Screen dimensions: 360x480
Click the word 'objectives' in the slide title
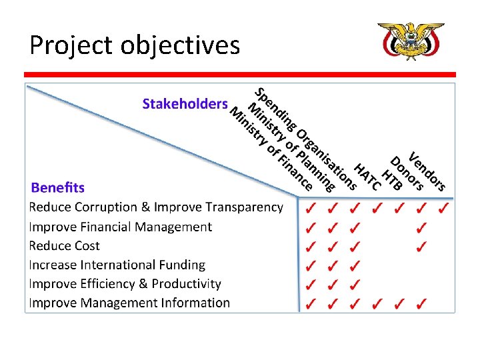tap(181, 45)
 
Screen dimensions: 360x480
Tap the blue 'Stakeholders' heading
tap(185, 104)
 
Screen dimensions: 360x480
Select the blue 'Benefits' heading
tap(57, 187)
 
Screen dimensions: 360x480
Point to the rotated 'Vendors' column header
tap(427, 170)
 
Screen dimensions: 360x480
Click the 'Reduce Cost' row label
tap(64, 246)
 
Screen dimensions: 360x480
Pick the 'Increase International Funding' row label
tap(117, 265)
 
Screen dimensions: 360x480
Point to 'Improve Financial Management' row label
tap(120, 227)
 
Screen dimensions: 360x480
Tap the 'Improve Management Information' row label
tap(129, 303)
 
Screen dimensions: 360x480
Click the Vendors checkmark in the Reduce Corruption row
tap(443, 209)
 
